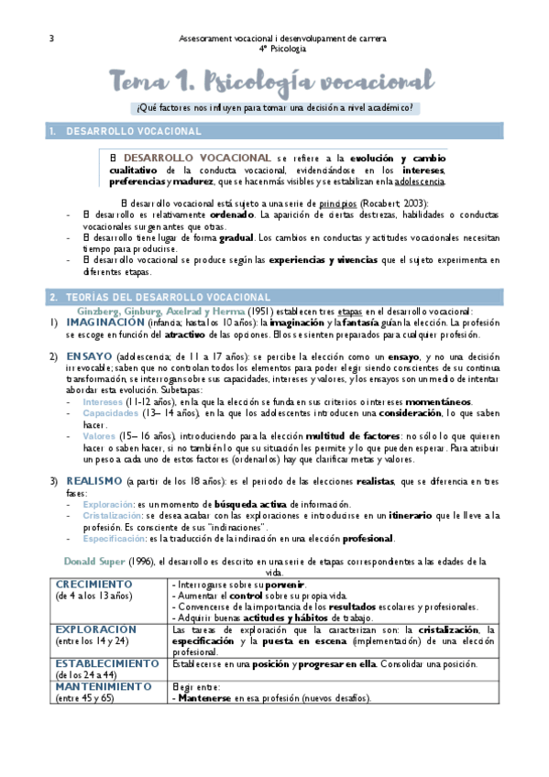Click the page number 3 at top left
pyautogui.click(x=50, y=38)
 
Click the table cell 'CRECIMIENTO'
pyautogui.click(x=95, y=585)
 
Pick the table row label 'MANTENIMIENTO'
pyautogui.click(x=104, y=685)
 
